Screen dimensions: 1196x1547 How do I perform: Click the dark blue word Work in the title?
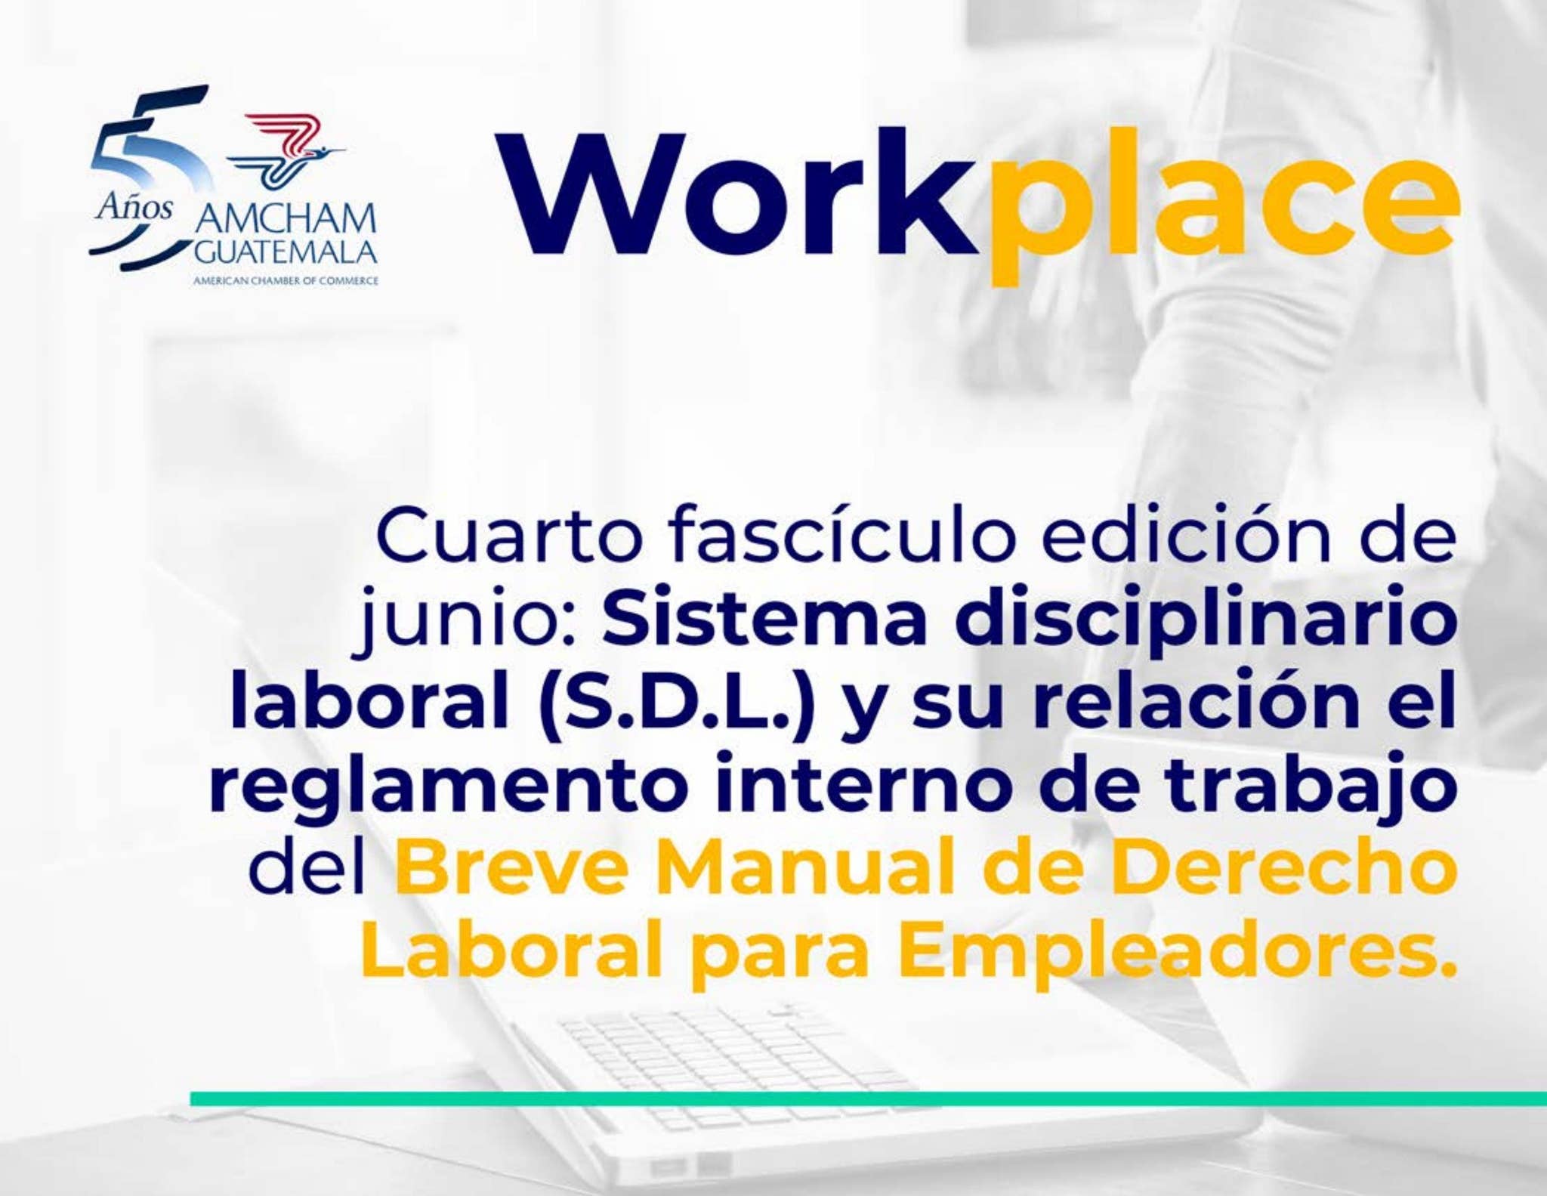click(x=736, y=195)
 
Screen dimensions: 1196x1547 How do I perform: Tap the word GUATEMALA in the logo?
click(x=286, y=252)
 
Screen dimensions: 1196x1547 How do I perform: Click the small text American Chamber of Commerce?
click(x=286, y=281)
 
